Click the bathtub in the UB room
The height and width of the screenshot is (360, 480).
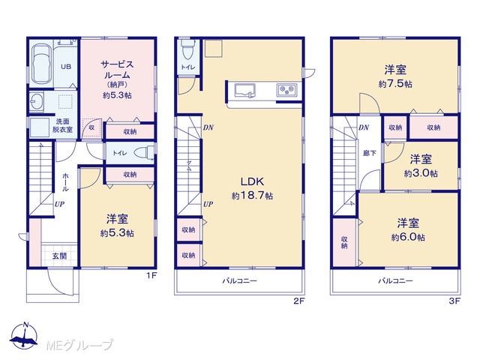click(x=40, y=64)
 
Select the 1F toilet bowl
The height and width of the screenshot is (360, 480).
click(x=145, y=152)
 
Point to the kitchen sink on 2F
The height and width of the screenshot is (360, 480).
click(x=245, y=91)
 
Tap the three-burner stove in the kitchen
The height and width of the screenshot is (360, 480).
click(x=286, y=90)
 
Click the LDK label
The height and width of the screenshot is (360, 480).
click(x=252, y=181)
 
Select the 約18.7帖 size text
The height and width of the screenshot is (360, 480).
click(x=252, y=196)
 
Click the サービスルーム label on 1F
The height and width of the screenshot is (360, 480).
click(x=117, y=70)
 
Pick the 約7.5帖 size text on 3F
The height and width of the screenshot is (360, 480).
click(x=395, y=83)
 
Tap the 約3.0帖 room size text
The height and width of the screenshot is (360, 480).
click(x=421, y=173)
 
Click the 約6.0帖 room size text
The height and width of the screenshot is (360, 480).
click(x=408, y=237)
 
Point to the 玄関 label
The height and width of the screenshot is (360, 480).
click(x=59, y=256)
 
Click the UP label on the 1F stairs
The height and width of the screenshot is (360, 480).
click(x=59, y=204)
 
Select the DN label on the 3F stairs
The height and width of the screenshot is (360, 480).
click(x=364, y=127)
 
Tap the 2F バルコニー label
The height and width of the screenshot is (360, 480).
click(x=240, y=280)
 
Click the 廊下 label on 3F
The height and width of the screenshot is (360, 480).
click(x=370, y=153)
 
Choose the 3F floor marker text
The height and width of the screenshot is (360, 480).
click(x=454, y=301)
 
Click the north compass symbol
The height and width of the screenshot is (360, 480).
click(x=24, y=335)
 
